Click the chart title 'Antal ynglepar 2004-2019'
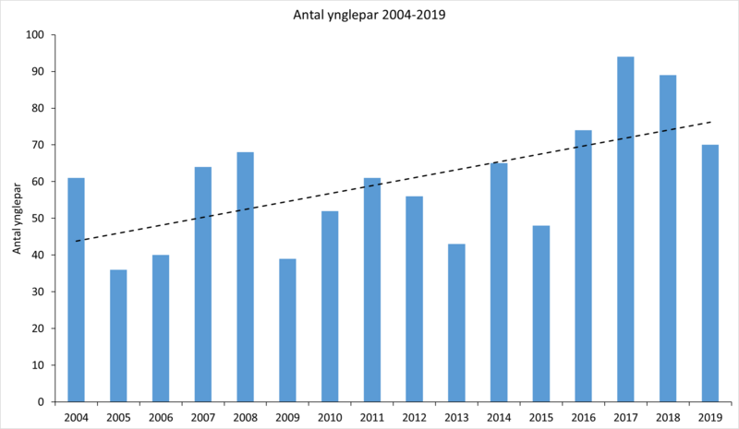click(x=369, y=14)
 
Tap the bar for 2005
click(x=118, y=336)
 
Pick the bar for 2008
click(x=245, y=277)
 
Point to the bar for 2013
click(x=456, y=323)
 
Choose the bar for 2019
click(x=710, y=273)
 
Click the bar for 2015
click(x=541, y=314)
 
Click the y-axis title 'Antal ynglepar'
click(x=16, y=219)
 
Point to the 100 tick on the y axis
click(x=36, y=35)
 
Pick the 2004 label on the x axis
click(x=76, y=416)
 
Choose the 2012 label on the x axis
click(x=414, y=416)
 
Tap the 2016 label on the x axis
click(x=583, y=416)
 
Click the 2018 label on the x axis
click(x=668, y=416)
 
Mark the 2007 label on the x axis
click(x=202, y=416)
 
